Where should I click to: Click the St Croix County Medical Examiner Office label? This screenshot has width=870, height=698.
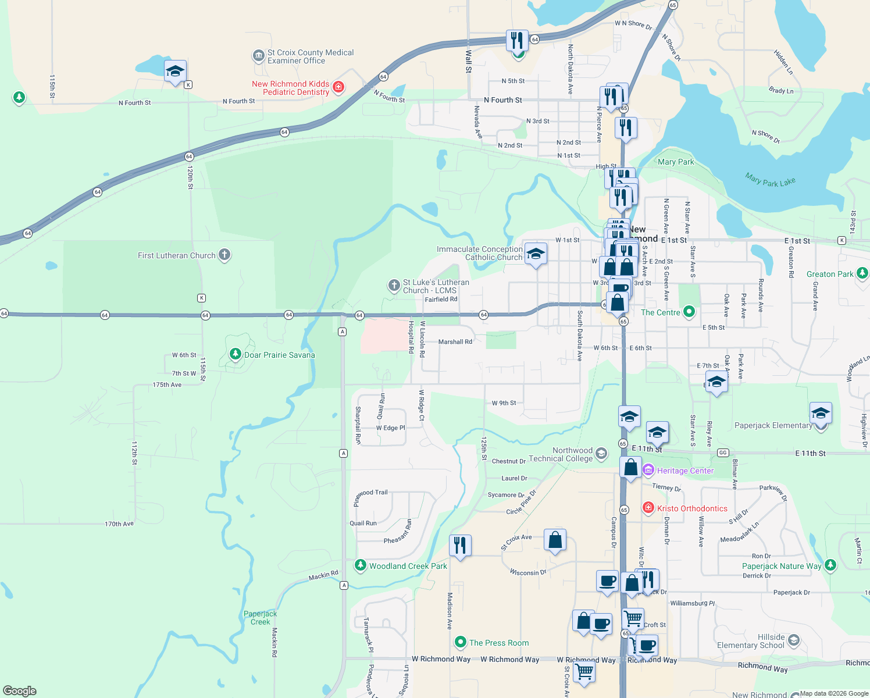[x=310, y=56]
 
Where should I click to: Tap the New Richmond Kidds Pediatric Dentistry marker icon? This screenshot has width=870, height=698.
[x=338, y=88]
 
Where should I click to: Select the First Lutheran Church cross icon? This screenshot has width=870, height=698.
[x=224, y=255]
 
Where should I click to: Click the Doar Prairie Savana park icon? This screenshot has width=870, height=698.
[x=235, y=354]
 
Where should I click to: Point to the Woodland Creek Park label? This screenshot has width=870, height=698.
[x=408, y=566]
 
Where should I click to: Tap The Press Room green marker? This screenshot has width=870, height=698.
[x=461, y=642]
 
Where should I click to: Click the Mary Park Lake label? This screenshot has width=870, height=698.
[x=770, y=180]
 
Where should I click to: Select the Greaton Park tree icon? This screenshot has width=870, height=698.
[x=862, y=273]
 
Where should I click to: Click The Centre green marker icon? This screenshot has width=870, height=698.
[x=689, y=312]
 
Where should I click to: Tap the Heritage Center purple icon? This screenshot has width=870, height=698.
[x=648, y=470]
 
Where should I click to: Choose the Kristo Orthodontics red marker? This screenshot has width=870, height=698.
[x=648, y=508]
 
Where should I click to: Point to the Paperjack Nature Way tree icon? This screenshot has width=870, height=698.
[x=830, y=565]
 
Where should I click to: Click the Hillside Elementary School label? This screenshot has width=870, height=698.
[x=750, y=641]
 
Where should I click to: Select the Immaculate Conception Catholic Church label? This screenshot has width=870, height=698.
[x=480, y=253]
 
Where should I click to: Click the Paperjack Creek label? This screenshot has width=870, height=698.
[x=260, y=618]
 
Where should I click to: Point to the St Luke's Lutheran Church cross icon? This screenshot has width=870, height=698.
[x=394, y=286]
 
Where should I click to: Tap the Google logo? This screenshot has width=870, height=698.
[x=20, y=691]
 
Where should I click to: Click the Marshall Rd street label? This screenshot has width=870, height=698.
[x=455, y=342]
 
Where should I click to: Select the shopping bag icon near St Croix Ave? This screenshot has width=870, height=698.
[x=555, y=540]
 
